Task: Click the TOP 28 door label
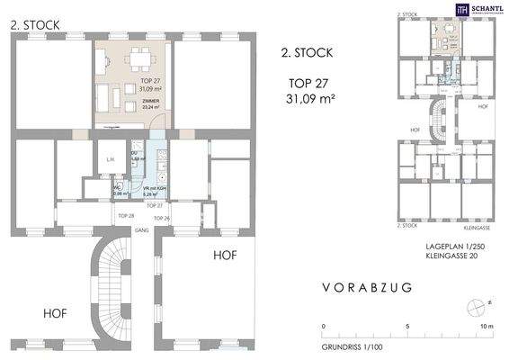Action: [126, 217]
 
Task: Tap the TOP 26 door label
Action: [161, 219]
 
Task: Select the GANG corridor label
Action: [141, 229]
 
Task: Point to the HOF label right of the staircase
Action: [225, 256]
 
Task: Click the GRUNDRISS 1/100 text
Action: [353, 346]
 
